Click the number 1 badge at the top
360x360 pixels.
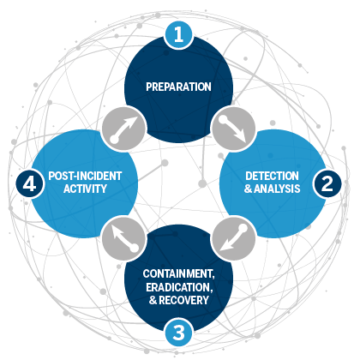(179, 35)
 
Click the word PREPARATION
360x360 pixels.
(179, 87)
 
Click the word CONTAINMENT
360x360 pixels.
(179, 273)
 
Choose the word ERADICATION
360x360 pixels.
(179, 287)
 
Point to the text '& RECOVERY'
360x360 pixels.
(179, 301)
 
